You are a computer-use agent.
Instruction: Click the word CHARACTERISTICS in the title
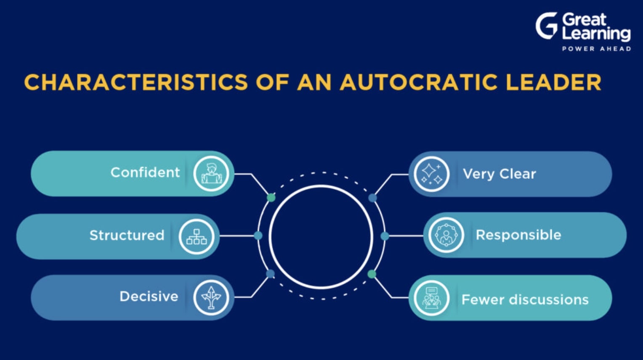pos(136,82)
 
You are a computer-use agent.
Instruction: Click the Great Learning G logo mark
pos(546,26)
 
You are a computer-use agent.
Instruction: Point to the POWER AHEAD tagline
pos(596,49)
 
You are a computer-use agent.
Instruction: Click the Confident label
pos(145,172)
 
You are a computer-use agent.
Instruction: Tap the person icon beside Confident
pos(211,174)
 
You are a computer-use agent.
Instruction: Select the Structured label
pos(127,235)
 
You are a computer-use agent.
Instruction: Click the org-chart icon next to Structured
pos(197,237)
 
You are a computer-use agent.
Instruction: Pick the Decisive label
pos(149,296)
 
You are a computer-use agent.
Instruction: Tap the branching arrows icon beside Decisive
pos(211,298)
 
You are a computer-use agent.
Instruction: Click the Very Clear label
pos(500,174)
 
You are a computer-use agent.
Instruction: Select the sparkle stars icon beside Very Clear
pos(431,174)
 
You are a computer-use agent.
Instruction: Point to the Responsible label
pos(518,235)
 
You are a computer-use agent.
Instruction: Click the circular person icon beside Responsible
pos(446,235)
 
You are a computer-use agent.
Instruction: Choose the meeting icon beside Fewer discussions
pos(431,298)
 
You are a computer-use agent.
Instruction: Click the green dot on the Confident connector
pos(271,198)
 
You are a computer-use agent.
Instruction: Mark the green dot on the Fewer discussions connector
pos(372,274)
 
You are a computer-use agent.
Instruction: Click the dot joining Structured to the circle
pos(258,236)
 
